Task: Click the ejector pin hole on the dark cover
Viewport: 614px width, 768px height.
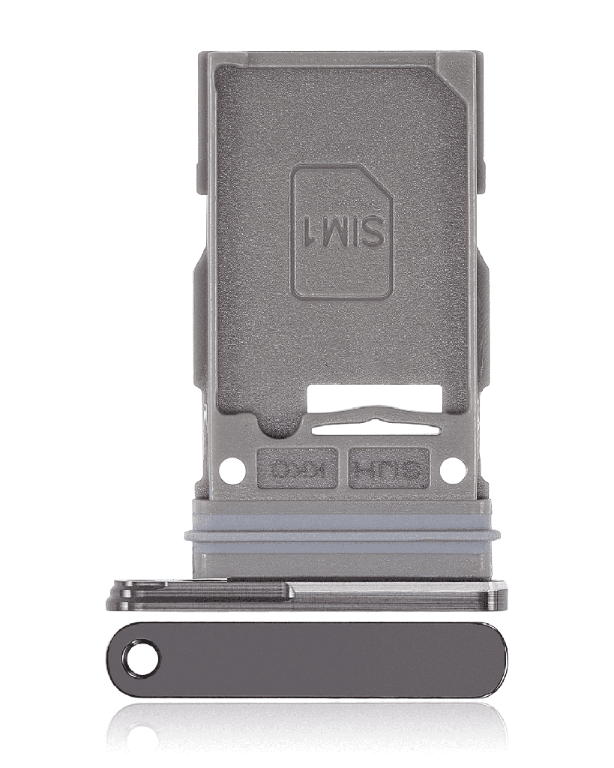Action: [142, 660]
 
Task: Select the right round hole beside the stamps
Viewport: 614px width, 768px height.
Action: [452, 470]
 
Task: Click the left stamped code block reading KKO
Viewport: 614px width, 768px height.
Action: [296, 469]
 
